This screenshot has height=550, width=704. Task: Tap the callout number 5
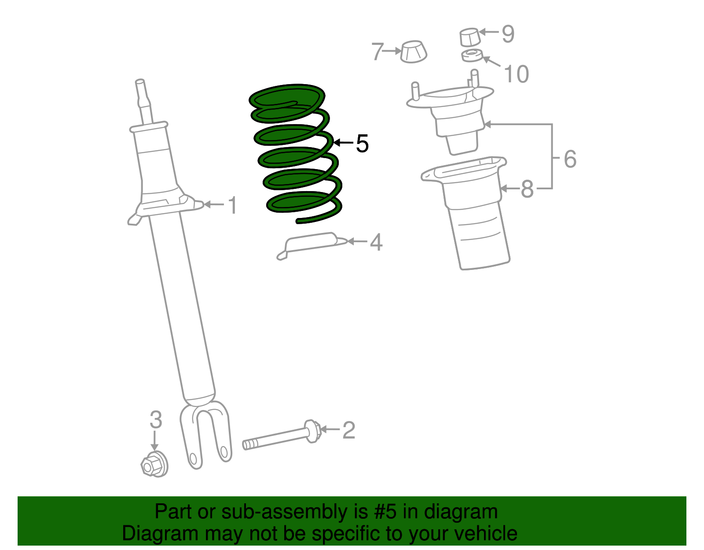(362, 144)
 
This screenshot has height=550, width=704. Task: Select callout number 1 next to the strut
(232, 206)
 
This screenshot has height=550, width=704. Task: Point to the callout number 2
(348, 430)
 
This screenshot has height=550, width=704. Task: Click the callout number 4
(376, 242)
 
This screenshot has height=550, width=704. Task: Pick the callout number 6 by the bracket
(570, 159)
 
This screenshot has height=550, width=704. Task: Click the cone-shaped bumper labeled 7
(414, 52)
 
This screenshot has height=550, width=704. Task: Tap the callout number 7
(378, 52)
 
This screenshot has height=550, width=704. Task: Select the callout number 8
(527, 189)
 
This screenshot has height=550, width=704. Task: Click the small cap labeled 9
(469, 37)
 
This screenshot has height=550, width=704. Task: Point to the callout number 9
(508, 34)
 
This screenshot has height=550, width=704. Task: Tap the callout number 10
(516, 74)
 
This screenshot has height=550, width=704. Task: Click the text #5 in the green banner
(385, 512)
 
